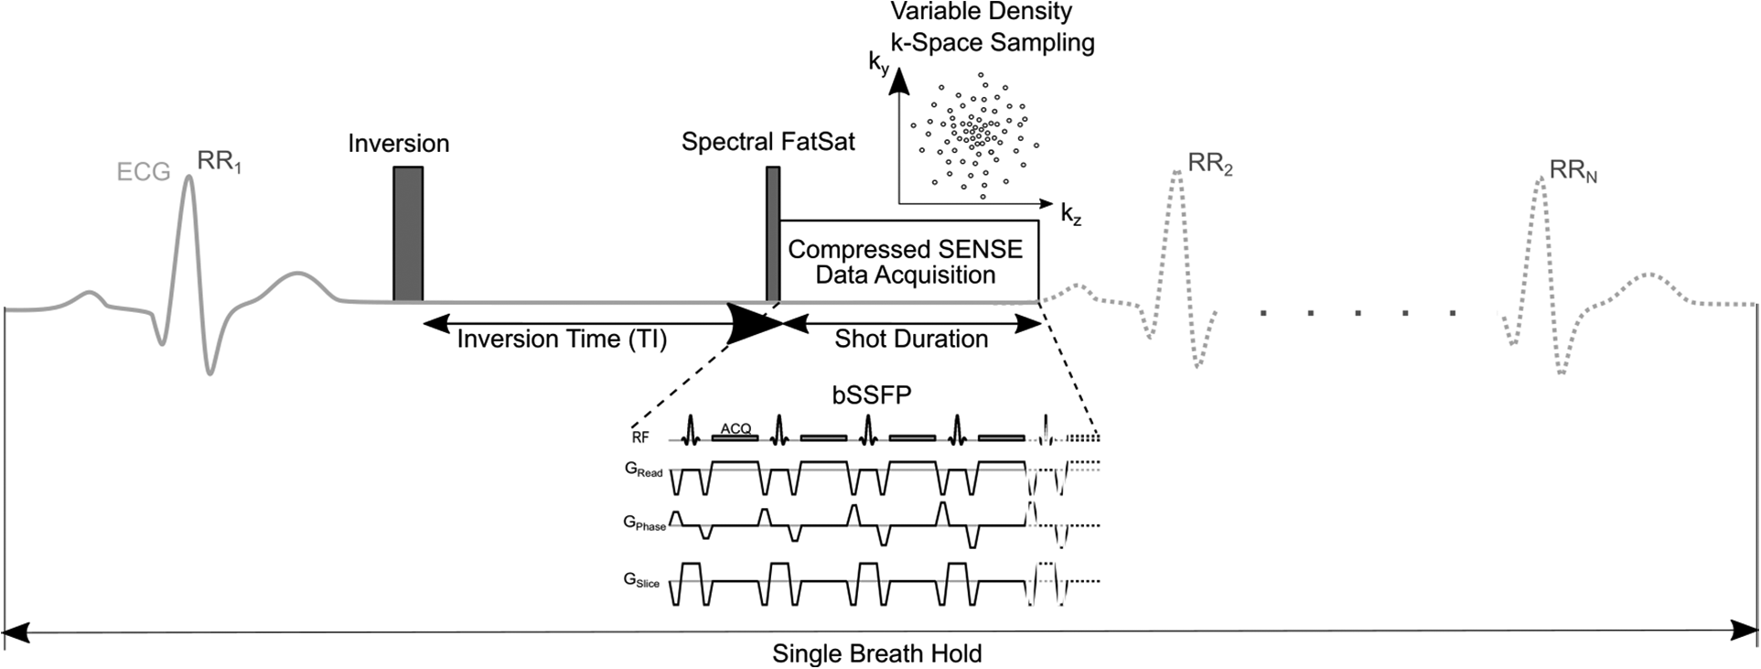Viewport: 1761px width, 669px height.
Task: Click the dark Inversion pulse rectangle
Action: point(408,233)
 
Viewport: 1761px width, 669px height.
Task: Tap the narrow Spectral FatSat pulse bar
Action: point(773,233)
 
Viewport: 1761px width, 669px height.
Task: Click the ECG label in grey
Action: point(144,172)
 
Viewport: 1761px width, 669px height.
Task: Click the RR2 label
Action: point(1209,166)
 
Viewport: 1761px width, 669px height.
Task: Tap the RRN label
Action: point(1573,171)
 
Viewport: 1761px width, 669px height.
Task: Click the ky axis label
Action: point(878,64)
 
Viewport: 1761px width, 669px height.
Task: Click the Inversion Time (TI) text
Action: point(562,340)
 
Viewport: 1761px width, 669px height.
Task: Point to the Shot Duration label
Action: point(911,340)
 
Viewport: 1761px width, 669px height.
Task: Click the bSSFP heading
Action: point(871,396)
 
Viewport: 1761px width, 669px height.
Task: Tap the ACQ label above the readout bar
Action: point(736,428)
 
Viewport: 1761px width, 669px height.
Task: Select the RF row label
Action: point(640,437)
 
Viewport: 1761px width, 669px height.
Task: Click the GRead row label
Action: point(643,470)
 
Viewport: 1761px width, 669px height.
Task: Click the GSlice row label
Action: point(641,580)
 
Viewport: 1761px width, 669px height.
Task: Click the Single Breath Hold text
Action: point(876,653)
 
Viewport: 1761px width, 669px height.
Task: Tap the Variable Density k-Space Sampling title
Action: point(992,27)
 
